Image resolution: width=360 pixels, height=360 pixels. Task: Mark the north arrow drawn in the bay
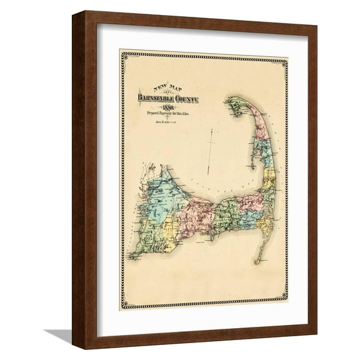211,150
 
